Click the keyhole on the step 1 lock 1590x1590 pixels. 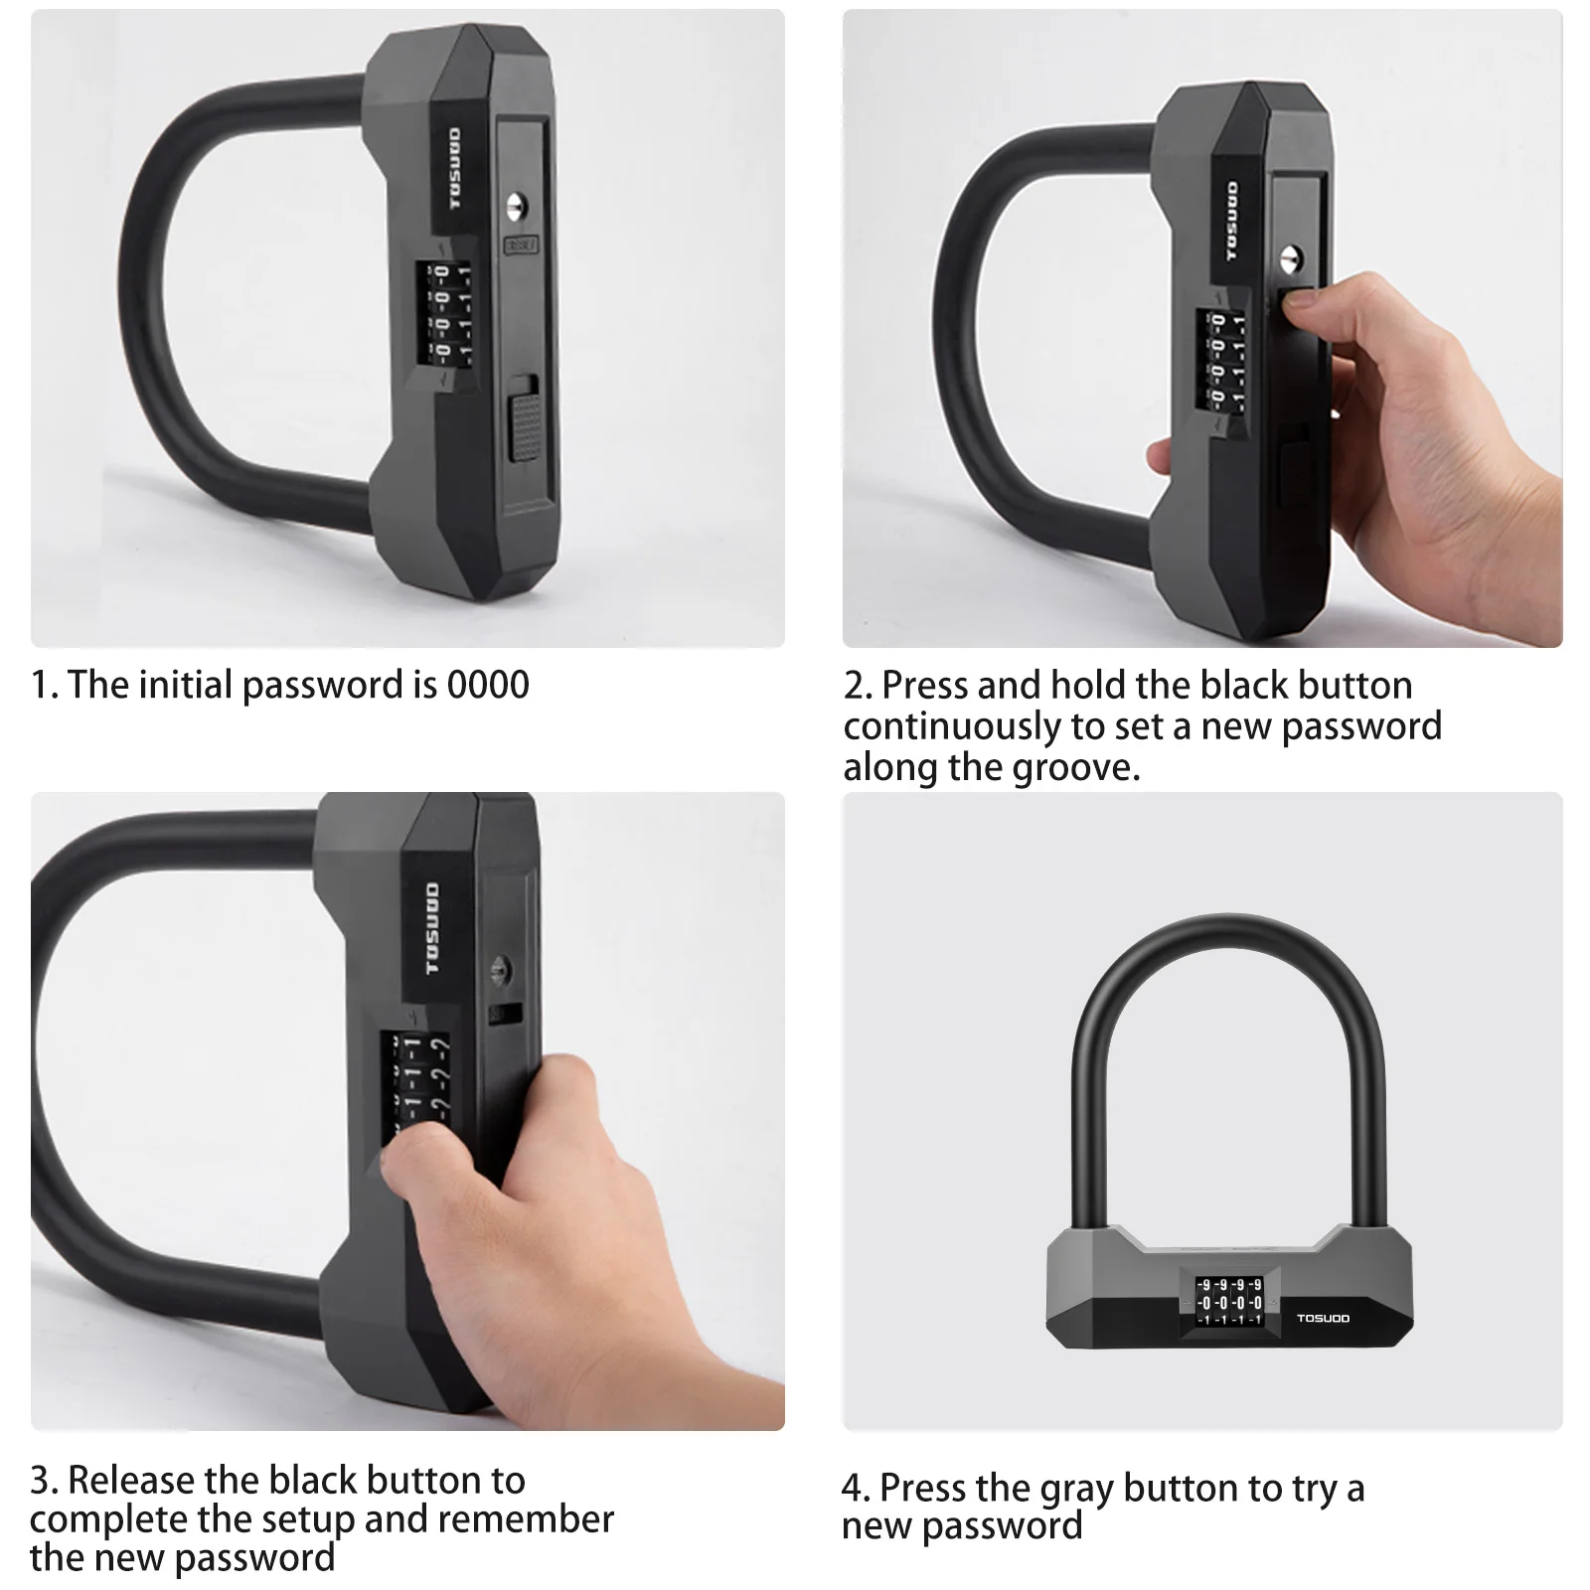tap(515, 208)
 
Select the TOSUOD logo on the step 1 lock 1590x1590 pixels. tap(454, 169)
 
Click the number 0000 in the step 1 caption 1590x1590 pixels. tap(488, 685)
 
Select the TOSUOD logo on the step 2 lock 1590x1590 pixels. tap(1233, 222)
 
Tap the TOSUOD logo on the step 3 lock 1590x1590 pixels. tap(432, 928)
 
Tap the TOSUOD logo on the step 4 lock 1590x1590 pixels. tap(1323, 1318)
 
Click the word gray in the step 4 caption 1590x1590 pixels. tap(1077, 1490)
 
